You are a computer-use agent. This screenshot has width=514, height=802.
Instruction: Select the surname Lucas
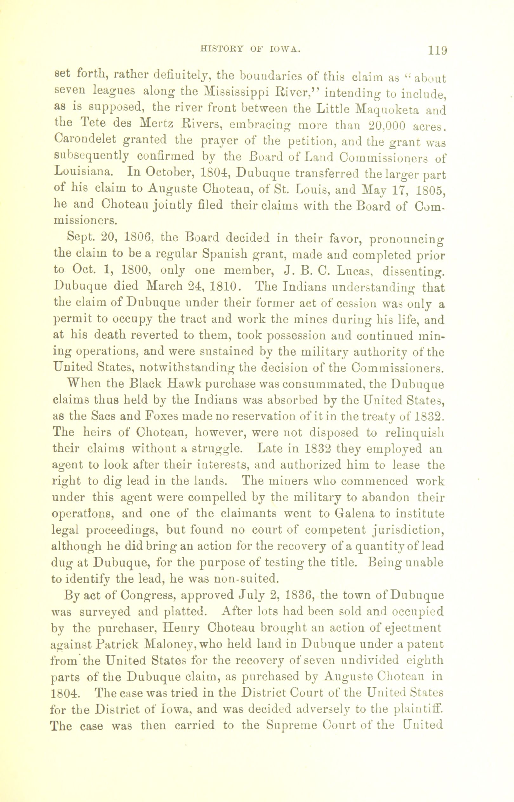point(356,272)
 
